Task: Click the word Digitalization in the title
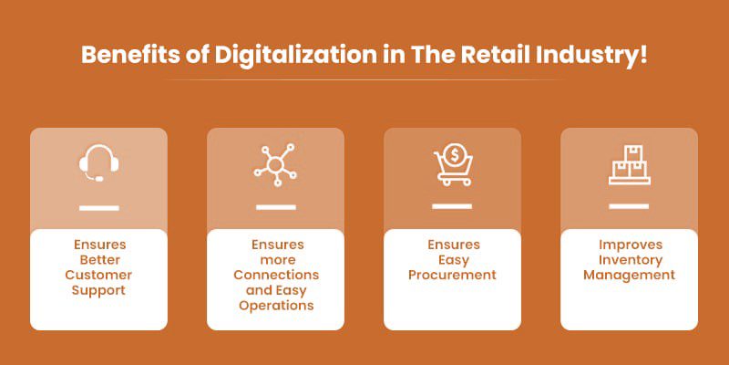pyautogui.click(x=295, y=56)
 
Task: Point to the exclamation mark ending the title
pyautogui.click(x=642, y=55)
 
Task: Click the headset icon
pyautogui.click(x=98, y=163)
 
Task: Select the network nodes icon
pyautogui.click(x=275, y=165)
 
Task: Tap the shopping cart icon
pyautogui.click(x=453, y=165)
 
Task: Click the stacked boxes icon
pyautogui.click(x=630, y=165)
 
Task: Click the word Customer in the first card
pyautogui.click(x=98, y=276)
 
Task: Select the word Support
pyautogui.click(x=98, y=290)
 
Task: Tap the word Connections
pyautogui.click(x=276, y=276)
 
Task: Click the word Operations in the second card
pyautogui.click(x=276, y=306)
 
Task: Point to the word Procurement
pyautogui.click(x=452, y=276)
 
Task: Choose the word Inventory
pyautogui.click(x=630, y=260)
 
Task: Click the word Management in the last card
pyautogui.click(x=630, y=276)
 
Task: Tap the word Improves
pyautogui.click(x=630, y=245)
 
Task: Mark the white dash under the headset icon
pyautogui.click(x=99, y=208)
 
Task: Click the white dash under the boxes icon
pyautogui.click(x=629, y=206)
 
